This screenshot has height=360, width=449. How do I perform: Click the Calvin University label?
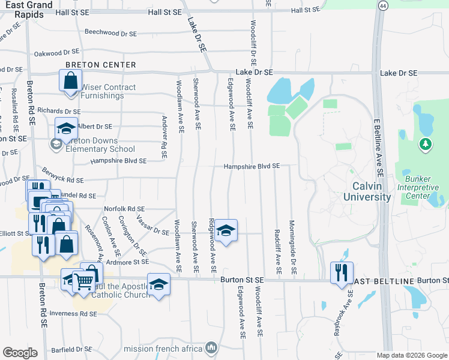pyautogui.click(x=367, y=191)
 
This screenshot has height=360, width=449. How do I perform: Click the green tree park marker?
pyautogui.click(x=426, y=144)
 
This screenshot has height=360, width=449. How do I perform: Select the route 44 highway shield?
pyautogui.click(x=382, y=5)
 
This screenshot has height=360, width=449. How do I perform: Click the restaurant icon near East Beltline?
pyautogui.click(x=342, y=271)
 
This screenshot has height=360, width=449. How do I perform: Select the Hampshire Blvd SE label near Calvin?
pyautogui.click(x=252, y=166)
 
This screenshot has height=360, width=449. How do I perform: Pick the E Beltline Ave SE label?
pyautogui.click(x=378, y=144)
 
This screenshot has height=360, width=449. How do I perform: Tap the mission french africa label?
pyautogui.click(x=163, y=348)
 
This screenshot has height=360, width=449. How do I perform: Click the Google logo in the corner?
pyautogui.click(x=20, y=353)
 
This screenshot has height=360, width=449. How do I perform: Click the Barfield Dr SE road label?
pyautogui.click(x=70, y=349)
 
